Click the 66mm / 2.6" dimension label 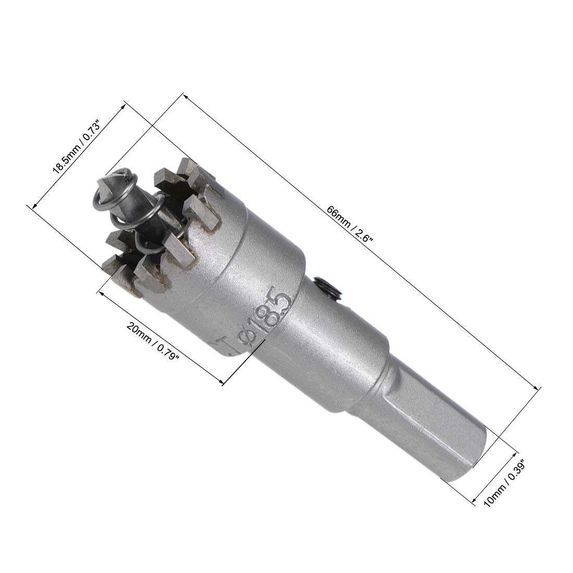(350, 225)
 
